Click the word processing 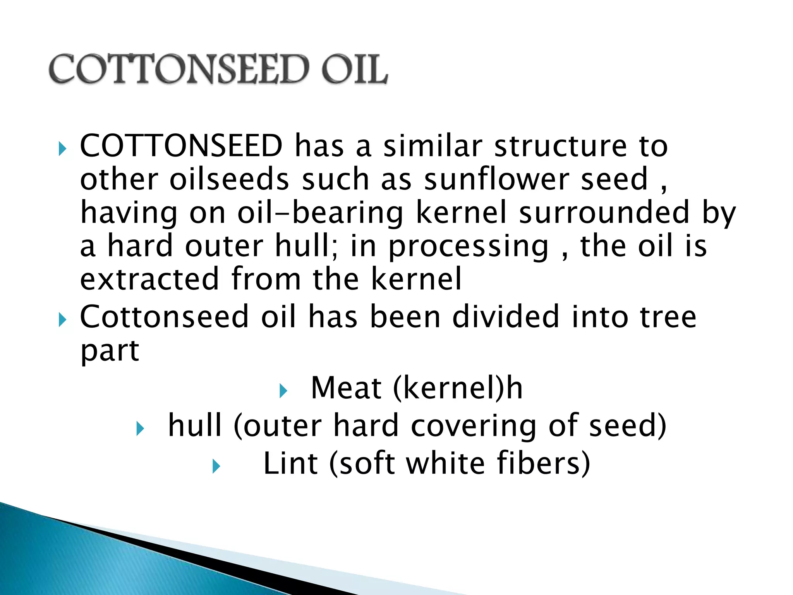point(469,247)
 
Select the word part point(110,351)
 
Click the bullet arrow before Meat point(283,391)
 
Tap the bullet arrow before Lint point(216,466)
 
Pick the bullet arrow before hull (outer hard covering point(140,429)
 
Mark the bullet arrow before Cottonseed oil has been point(62,320)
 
